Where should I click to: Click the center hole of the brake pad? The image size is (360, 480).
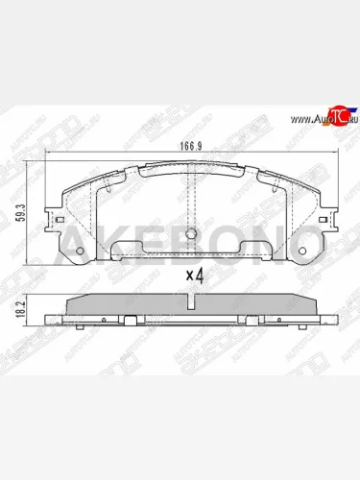(193, 235)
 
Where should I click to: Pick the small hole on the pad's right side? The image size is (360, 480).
(305, 253)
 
